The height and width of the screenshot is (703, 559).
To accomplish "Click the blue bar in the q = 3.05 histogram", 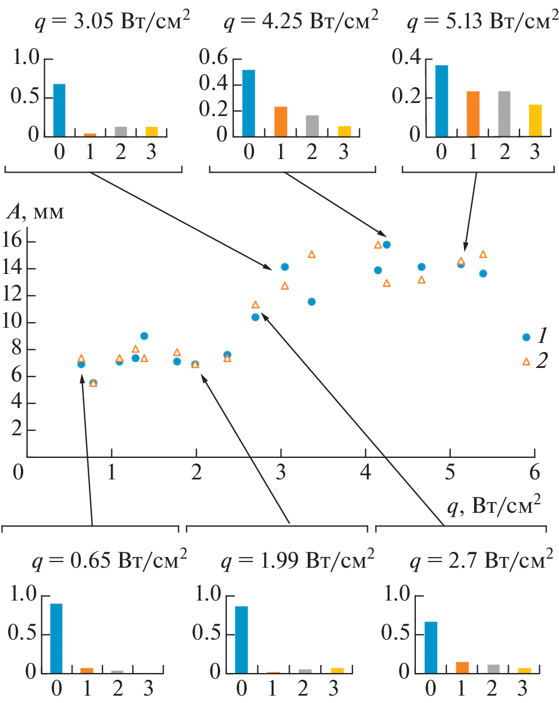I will (59, 110).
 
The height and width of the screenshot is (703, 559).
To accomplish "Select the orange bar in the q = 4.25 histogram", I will (281, 122).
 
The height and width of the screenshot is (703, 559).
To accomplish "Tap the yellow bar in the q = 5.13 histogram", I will (535, 121).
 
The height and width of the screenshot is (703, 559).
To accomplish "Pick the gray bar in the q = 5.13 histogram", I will (504, 114).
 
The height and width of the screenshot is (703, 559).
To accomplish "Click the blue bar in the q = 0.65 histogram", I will (56, 638).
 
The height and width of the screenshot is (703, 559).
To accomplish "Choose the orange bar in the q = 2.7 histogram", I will (462, 667).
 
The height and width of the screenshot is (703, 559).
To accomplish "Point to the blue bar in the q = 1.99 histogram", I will (241, 640).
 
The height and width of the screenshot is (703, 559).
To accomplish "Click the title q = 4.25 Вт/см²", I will (300, 22).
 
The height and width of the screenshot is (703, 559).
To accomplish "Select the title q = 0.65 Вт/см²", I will (109, 560).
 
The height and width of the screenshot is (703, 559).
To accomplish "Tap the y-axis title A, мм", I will (35, 212).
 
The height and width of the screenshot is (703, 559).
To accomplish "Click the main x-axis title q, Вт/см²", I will (493, 505).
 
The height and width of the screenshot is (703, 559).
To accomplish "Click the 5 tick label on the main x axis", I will (450, 472).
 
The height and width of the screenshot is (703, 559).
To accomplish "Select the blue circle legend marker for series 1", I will (526, 337).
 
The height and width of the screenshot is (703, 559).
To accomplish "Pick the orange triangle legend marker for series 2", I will (526, 361).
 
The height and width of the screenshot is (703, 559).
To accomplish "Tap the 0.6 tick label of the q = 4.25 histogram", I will (213, 57).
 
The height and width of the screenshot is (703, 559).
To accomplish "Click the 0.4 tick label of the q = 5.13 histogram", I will (406, 57).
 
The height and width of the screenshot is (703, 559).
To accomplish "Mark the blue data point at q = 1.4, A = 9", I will (144, 336).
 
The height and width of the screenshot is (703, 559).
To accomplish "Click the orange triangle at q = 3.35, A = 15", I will (312, 255).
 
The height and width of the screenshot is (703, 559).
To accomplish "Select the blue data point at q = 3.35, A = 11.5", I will (312, 302).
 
